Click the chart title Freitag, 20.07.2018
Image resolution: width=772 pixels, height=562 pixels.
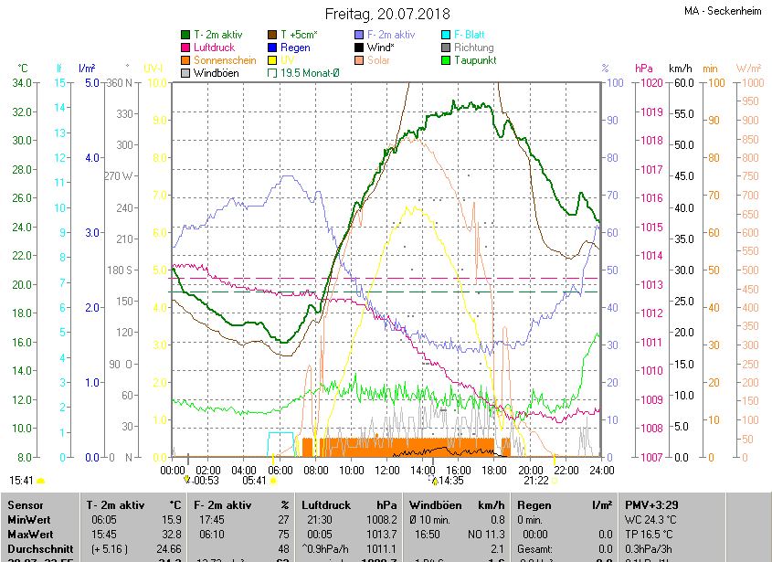coord(387,14)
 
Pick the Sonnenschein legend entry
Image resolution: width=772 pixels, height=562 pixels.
coord(225,59)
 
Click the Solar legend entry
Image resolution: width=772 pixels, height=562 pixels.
coord(378,59)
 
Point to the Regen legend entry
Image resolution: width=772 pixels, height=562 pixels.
coord(295,48)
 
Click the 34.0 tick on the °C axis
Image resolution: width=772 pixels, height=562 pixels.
coord(23,83)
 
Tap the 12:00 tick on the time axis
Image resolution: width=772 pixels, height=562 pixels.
coord(386,470)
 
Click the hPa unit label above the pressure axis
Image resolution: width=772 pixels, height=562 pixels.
coord(644,69)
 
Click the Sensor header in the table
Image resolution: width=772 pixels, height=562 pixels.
coord(26,504)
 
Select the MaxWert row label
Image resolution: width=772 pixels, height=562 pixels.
coord(31,533)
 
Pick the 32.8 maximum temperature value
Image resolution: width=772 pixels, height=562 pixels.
coord(171,533)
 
